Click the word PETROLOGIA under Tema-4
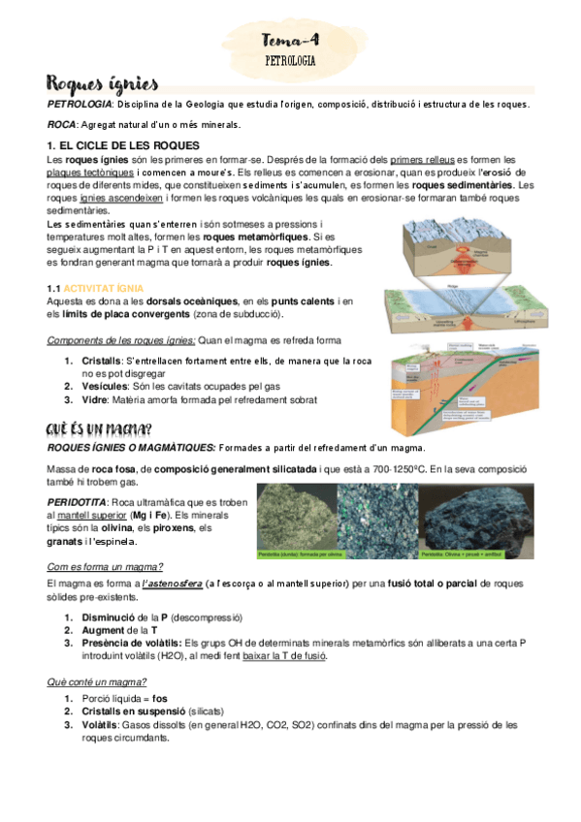click(290, 60)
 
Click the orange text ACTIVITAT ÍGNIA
click(104, 288)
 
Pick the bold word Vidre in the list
click(95, 397)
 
